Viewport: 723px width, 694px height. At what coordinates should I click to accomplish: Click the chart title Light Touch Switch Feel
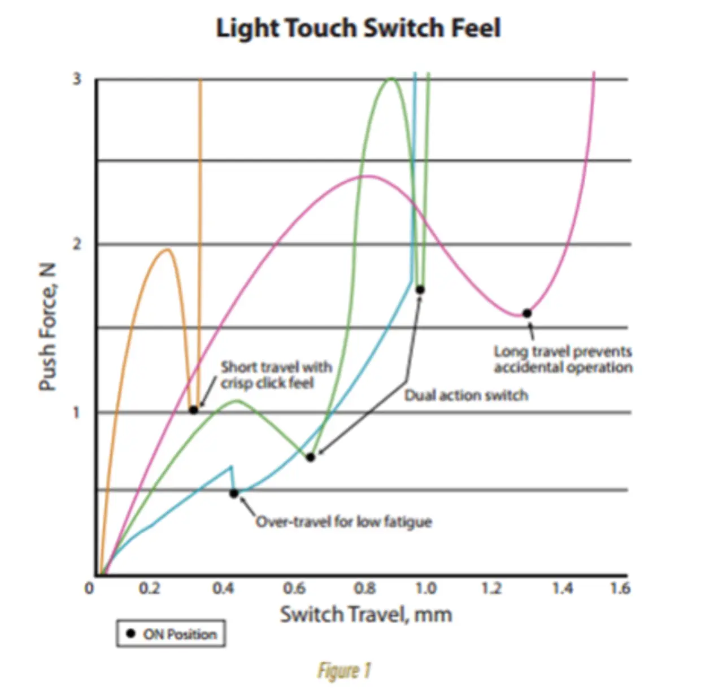tap(358, 28)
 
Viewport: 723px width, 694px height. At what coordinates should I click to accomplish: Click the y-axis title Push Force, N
tap(48, 327)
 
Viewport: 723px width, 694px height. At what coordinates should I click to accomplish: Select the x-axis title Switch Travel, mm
tap(366, 614)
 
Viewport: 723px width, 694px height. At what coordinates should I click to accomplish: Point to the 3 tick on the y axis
tap(77, 79)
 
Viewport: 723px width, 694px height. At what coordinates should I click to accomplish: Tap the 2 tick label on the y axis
tap(77, 244)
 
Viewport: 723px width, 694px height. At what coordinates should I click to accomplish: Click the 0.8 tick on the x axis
tap(365, 588)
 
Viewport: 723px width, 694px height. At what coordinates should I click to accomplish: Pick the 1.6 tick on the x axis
tap(620, 588)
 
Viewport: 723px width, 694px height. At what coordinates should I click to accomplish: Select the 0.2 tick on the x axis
tap(149, 588)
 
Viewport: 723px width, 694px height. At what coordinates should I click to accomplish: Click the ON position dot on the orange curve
tap(193, 410)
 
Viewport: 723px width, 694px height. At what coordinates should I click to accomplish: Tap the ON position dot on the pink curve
tap(526, 313)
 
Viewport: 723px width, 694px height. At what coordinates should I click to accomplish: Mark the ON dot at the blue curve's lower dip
tap(234, 494)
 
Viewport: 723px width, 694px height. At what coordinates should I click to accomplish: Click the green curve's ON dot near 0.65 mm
tap(310, 457)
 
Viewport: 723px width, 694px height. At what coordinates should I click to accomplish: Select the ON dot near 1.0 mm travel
tap(420, 290)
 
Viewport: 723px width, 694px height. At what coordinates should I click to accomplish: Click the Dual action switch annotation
tap(466, 395)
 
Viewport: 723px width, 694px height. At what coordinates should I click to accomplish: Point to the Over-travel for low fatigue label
tap(343, 521)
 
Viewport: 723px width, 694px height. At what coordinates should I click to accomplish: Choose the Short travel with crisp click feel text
tap(276, 375)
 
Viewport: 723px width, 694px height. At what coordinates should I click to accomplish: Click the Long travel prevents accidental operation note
tap(563, 360)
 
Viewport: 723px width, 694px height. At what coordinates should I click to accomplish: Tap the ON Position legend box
tap(171, 634)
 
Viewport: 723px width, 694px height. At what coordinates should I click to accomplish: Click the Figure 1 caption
tap(344, 671)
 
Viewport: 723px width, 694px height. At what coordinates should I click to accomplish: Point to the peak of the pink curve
tap(367, 176)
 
